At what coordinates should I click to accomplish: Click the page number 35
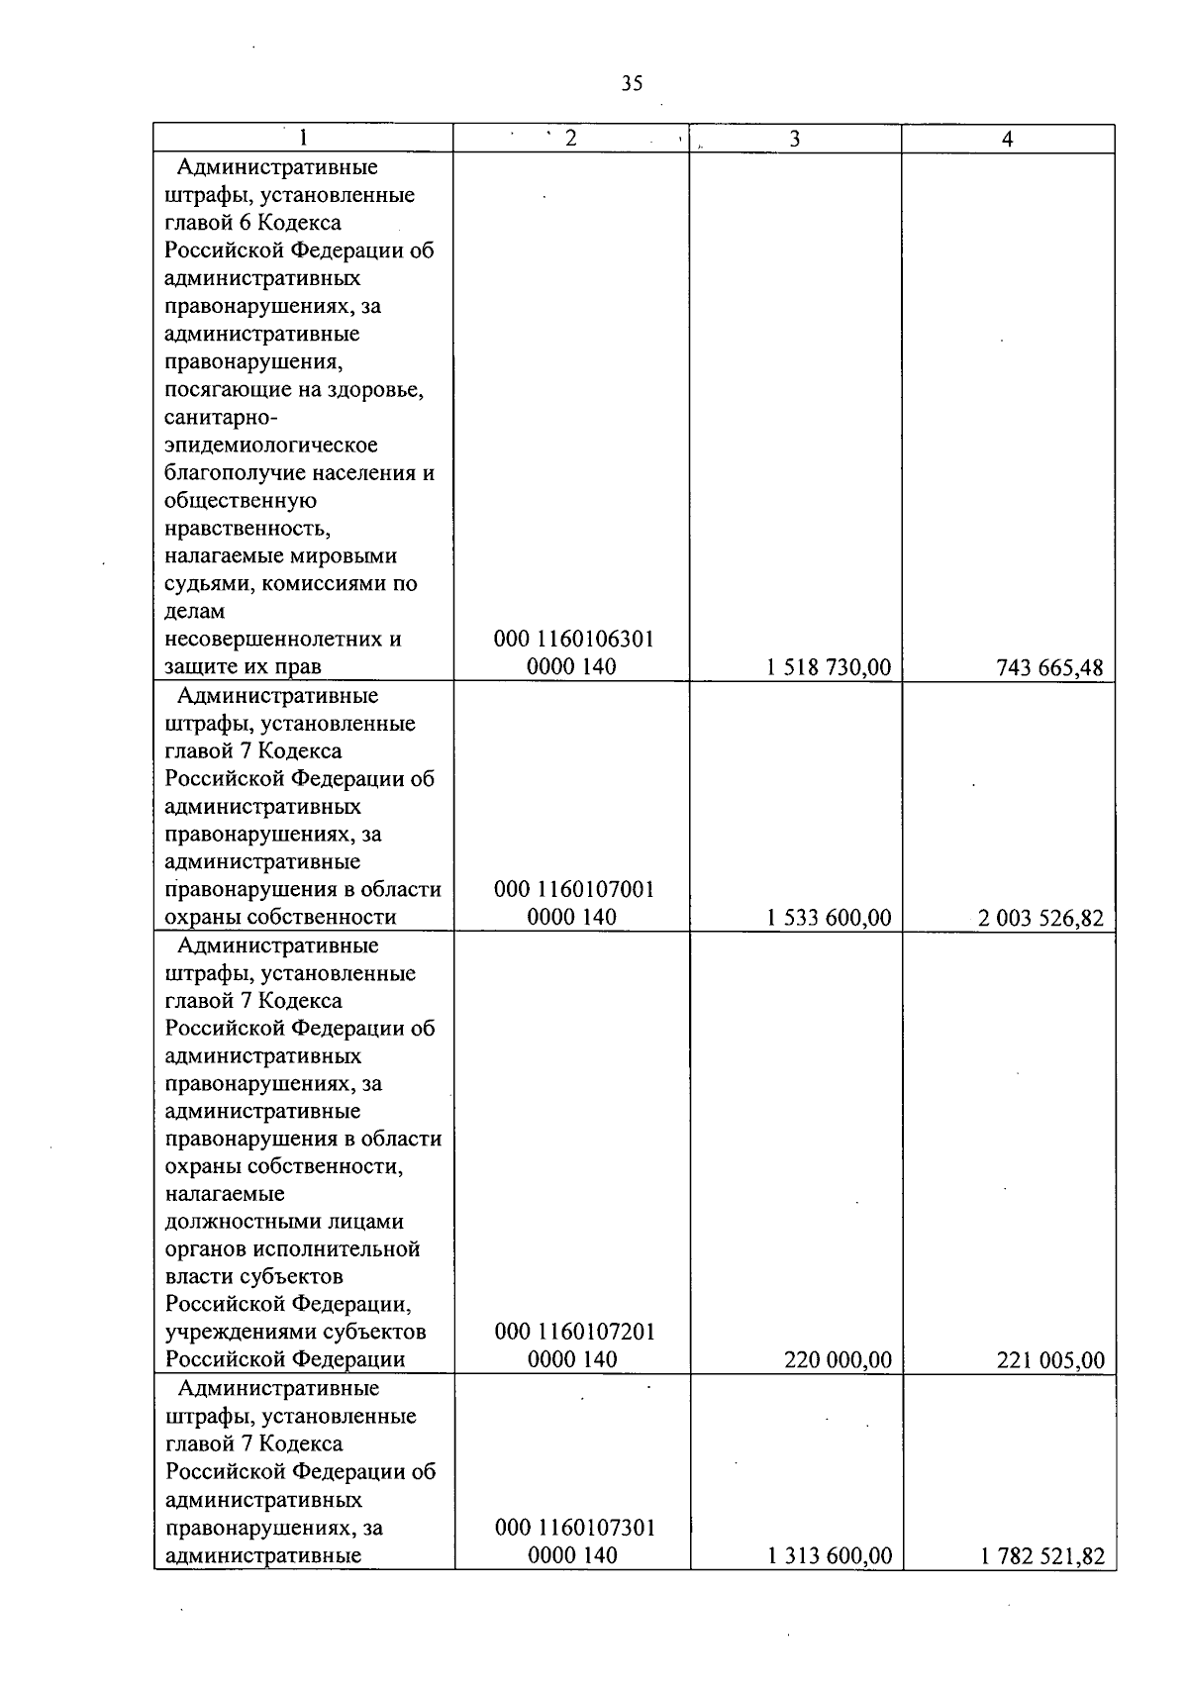(x=632, y=83)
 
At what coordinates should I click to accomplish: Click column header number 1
(x=303, y=139)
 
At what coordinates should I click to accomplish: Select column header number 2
(x=571, y=139)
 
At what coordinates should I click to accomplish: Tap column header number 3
(x=795, y=140)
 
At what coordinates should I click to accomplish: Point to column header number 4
(x=1007, y=140)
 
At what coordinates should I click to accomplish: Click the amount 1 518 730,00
(x=829, y=667)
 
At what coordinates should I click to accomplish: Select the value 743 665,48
(x=1049, y=667)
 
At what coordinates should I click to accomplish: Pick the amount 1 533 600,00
(x=829, y=918)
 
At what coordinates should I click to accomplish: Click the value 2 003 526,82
(x=1040, y=918)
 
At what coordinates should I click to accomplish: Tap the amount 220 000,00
(x=838, y=1360)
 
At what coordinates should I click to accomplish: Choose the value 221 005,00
(x=1050, y=1360)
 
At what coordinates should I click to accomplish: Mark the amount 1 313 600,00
(x=830, y=1555)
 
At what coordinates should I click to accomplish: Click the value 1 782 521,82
(x=1042, y=1555)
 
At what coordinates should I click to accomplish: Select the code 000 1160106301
(x=574, y=640)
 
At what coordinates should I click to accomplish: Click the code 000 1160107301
(x=575, y=1528)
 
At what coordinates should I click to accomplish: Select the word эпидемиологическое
(x=271, y=446)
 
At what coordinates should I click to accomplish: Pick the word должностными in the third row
(x=284, y=1222)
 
